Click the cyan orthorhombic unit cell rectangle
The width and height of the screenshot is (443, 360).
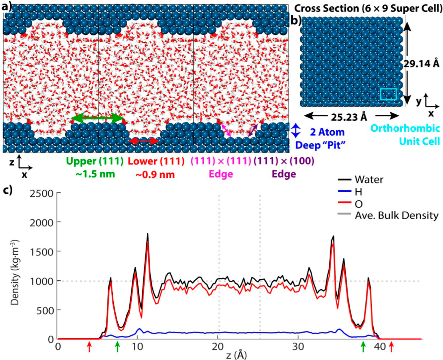(389, 89)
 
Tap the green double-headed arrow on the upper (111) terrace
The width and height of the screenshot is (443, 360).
(97, 119)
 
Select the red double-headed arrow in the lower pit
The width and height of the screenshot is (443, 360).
(144, 141)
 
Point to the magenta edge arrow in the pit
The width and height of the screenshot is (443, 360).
(226, 131)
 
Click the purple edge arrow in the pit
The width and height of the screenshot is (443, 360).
(253, 131)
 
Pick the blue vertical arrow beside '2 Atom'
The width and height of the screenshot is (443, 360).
(295, 131)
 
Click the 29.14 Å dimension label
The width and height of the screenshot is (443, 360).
(422, 64)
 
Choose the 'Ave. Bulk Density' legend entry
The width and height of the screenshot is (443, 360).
(388, 215)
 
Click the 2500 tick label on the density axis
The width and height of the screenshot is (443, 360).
(42, 193)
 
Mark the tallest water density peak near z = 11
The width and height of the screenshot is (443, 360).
(148, 234)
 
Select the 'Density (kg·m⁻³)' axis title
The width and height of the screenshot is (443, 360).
(15, 272)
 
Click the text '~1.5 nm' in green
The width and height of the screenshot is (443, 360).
(95, 174)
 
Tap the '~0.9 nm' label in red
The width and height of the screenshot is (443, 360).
(155, 175)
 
